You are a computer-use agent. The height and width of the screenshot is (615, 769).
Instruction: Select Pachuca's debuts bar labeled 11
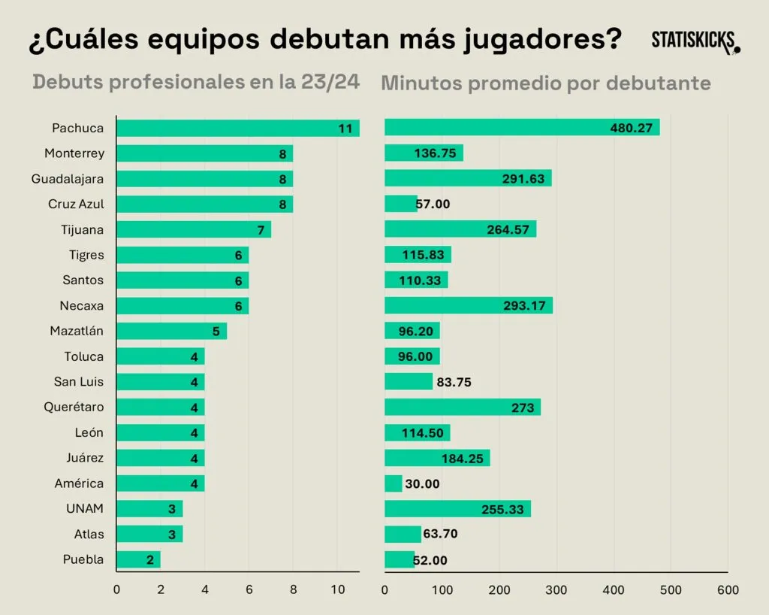click(237, 128)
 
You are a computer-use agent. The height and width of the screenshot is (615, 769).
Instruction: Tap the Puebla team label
click(83, 559)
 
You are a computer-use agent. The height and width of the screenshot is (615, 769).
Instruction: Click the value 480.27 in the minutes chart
click(632, 128)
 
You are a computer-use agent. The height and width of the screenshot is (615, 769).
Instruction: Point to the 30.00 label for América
click(422, 483)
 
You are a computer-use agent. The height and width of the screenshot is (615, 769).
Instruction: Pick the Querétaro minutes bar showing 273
click(462, 407)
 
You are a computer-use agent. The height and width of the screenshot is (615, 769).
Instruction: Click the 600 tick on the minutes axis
click(728, 590)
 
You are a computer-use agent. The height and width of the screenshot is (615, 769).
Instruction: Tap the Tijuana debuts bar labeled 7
click(193, 229)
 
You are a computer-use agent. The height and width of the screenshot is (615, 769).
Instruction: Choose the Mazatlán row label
click(77, 331)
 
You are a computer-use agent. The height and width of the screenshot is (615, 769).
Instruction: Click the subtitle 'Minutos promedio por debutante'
click(545, 83)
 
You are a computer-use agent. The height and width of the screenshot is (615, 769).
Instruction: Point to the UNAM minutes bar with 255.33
click(457, 509)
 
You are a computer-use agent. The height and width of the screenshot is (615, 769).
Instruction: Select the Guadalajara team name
click(68, 179)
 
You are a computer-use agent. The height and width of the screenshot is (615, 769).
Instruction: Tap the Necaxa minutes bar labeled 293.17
click(468, 305)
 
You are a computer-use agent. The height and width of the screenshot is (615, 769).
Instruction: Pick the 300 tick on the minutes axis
click(556, 590)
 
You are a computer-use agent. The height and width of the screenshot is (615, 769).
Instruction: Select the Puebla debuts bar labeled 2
click(138, 559)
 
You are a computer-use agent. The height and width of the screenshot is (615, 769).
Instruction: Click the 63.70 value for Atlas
click(440, 534)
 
